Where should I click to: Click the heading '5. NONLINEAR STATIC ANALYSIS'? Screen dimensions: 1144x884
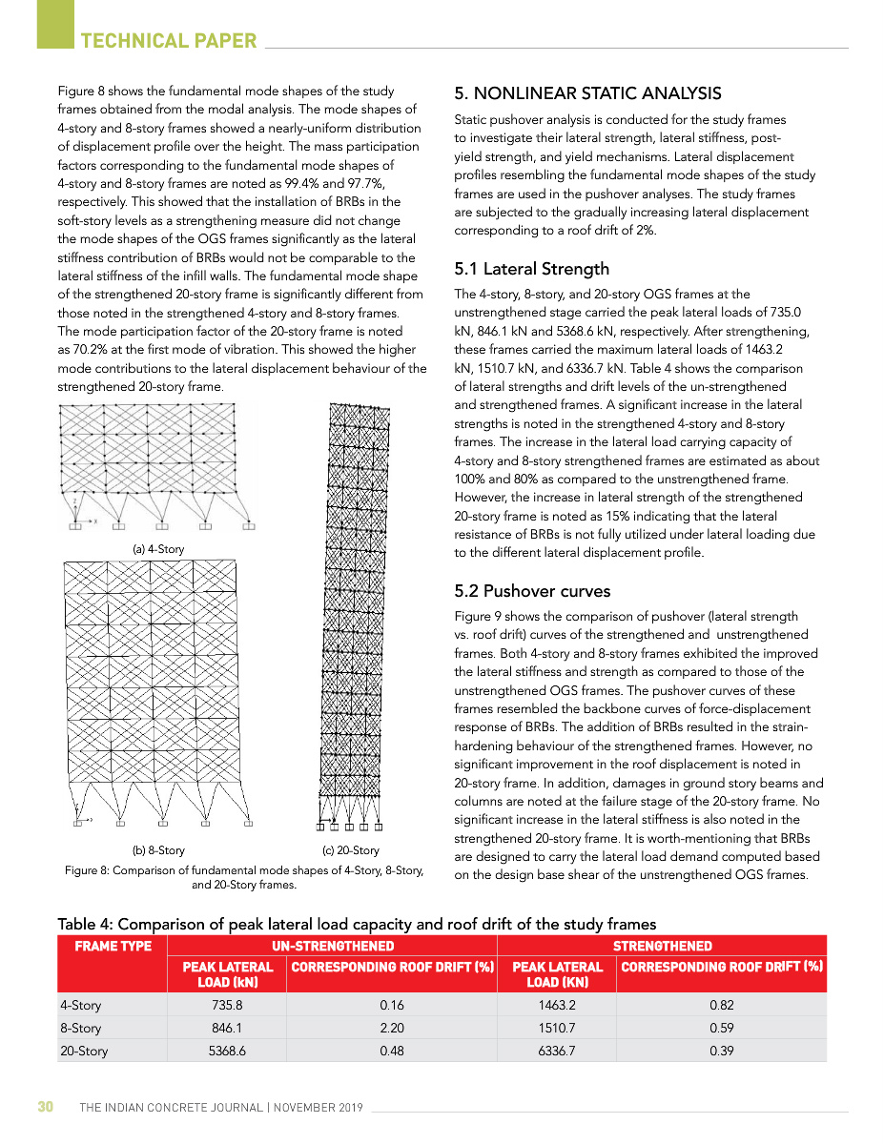pos(587,93)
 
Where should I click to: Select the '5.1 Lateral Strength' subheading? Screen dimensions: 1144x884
pos(531,269)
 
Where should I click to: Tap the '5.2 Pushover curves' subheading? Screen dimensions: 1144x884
pos(532,591)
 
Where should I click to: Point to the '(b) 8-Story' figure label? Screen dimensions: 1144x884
pos(158,850)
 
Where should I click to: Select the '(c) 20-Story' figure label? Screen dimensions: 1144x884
pos(351,850)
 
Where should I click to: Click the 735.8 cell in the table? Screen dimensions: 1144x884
pos(226,1005)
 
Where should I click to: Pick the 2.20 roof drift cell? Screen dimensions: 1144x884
pos(391,1028)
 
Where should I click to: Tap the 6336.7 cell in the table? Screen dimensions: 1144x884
pos(557,1051)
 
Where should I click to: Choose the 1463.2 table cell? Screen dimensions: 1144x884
pos(557,1005)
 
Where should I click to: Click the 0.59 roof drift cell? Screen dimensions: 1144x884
pos(721,1028)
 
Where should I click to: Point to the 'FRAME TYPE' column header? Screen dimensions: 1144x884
pos(113,946)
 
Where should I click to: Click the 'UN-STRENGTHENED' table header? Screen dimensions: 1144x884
pos(332,946)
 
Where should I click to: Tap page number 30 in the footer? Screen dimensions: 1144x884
pos(45,1107)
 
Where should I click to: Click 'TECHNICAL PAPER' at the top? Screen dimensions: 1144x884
pos(169,40)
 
